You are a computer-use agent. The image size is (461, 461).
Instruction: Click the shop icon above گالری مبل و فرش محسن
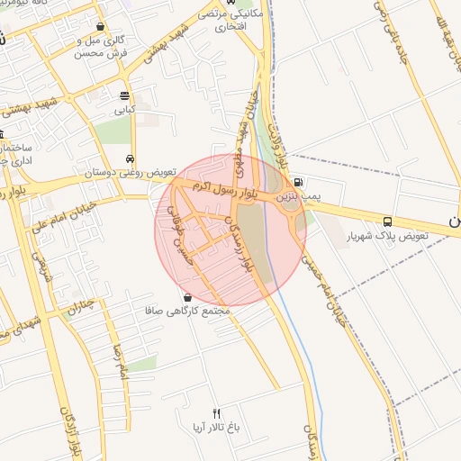(99, 27)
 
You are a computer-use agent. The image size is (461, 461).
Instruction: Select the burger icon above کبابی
(124, 95)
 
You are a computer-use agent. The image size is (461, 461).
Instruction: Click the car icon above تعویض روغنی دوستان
(132, 158)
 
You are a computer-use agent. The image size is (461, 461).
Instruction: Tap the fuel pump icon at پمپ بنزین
(298, 180)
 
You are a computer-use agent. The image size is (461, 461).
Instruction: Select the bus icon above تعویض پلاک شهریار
(387, 221)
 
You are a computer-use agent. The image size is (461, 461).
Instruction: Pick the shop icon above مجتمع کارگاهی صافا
(187, 296)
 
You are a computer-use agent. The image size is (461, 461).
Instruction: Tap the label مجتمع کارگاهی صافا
(187, 311)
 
